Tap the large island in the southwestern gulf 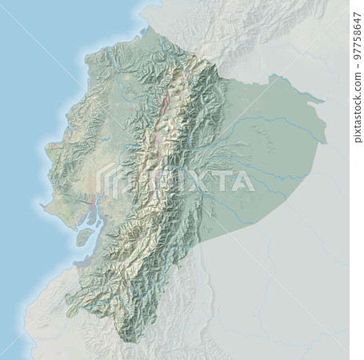coord(82,237)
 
